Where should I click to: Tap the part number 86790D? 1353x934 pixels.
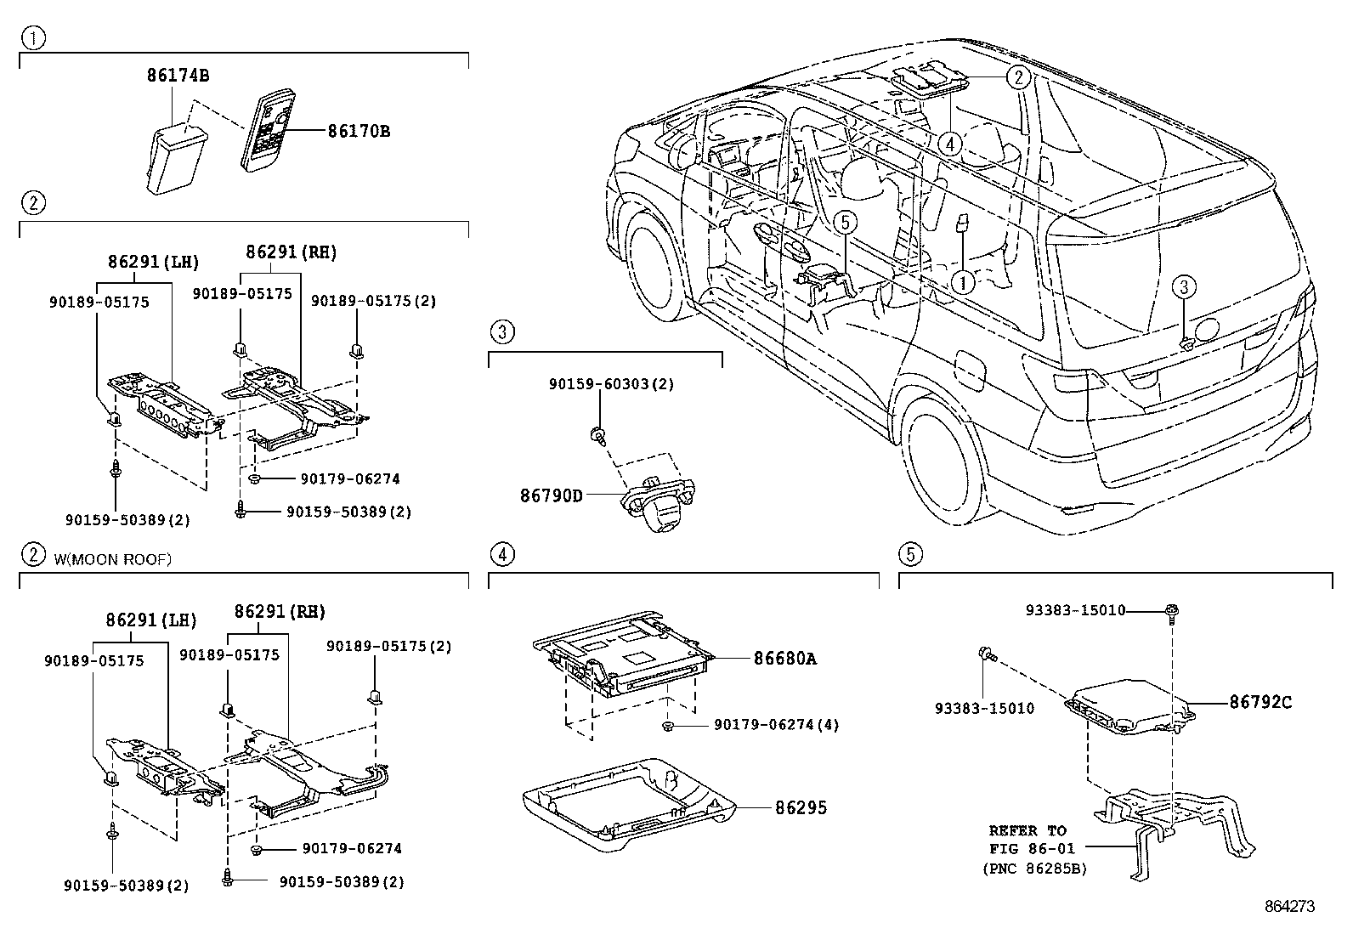coord(552,495)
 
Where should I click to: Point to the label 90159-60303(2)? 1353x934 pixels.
coord(611,384)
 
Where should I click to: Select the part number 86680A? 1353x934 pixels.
coord(784,658)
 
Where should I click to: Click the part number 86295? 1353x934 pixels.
coord(800,807)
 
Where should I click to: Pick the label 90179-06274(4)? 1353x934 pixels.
coord(776,725)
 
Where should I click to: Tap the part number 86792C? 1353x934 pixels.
coord(1260,702)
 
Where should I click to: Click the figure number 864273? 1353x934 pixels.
coord(1289,907)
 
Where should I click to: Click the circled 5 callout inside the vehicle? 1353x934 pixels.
coord(844,223)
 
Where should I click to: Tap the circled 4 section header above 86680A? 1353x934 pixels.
coord(502,555)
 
